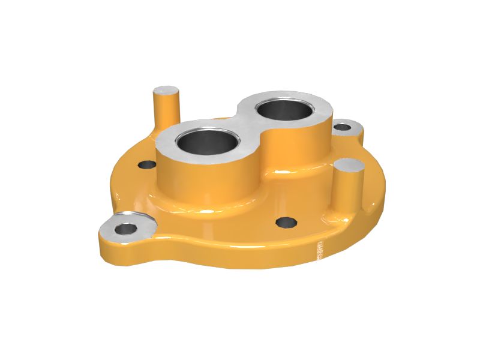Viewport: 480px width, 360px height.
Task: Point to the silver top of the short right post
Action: [350, 166]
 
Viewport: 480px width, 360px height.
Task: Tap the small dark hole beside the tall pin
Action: [146, 164]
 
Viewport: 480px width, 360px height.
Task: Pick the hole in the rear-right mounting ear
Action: [342, 127]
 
